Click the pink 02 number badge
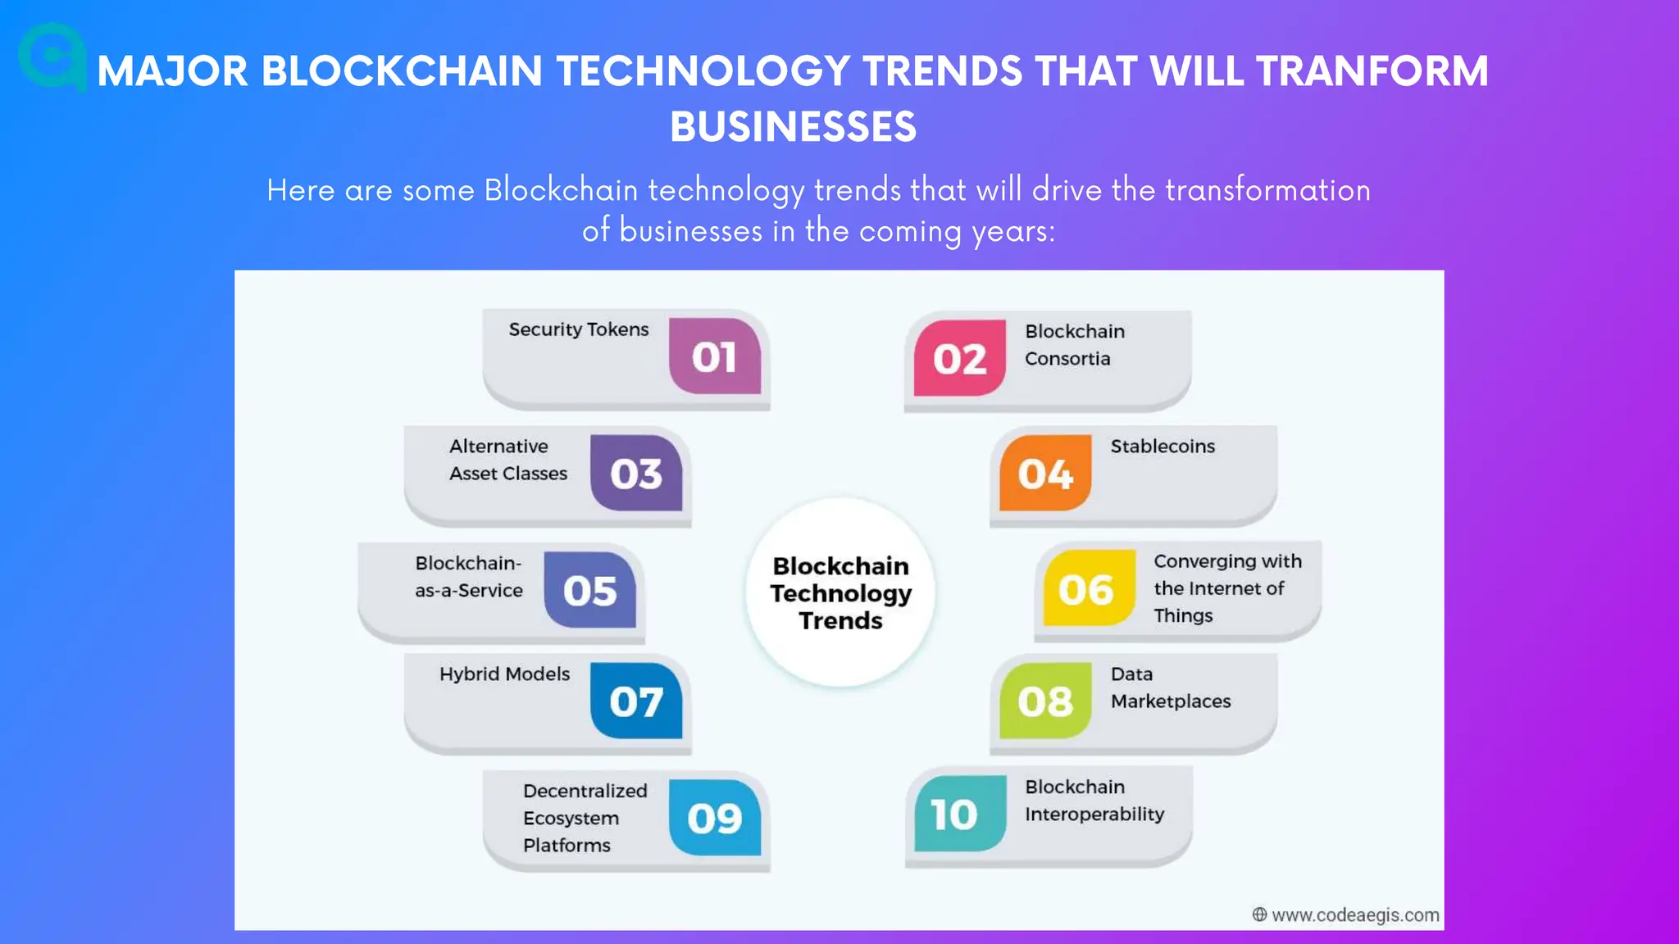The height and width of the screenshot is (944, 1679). [959, 358]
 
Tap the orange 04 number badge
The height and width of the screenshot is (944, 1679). [1045, 473]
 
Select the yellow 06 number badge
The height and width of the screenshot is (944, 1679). [1088, 588]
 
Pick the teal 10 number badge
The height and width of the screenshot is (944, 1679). [958, 814]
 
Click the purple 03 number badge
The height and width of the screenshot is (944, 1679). [636, 473]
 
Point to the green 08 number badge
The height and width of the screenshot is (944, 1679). [1045, 701]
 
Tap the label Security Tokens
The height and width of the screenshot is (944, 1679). [578, 329]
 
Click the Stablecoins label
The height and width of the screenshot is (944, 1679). [1163, 447]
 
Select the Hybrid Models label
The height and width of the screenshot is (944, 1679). [504, 674]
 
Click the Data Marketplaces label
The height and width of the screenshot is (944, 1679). [1170, 688]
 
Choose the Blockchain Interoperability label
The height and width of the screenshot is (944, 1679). [1094, 801]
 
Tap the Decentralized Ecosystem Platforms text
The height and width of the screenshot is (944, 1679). [585, 818]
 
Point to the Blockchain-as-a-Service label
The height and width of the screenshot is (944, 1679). [468, 577]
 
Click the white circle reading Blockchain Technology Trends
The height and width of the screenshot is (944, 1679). [840, 592]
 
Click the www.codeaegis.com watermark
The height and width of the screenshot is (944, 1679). [1354, 915]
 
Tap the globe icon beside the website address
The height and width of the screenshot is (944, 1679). [1259, 914]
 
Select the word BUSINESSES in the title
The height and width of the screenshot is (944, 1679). [793, 127]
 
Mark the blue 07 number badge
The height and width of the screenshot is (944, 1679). [636, 701]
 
